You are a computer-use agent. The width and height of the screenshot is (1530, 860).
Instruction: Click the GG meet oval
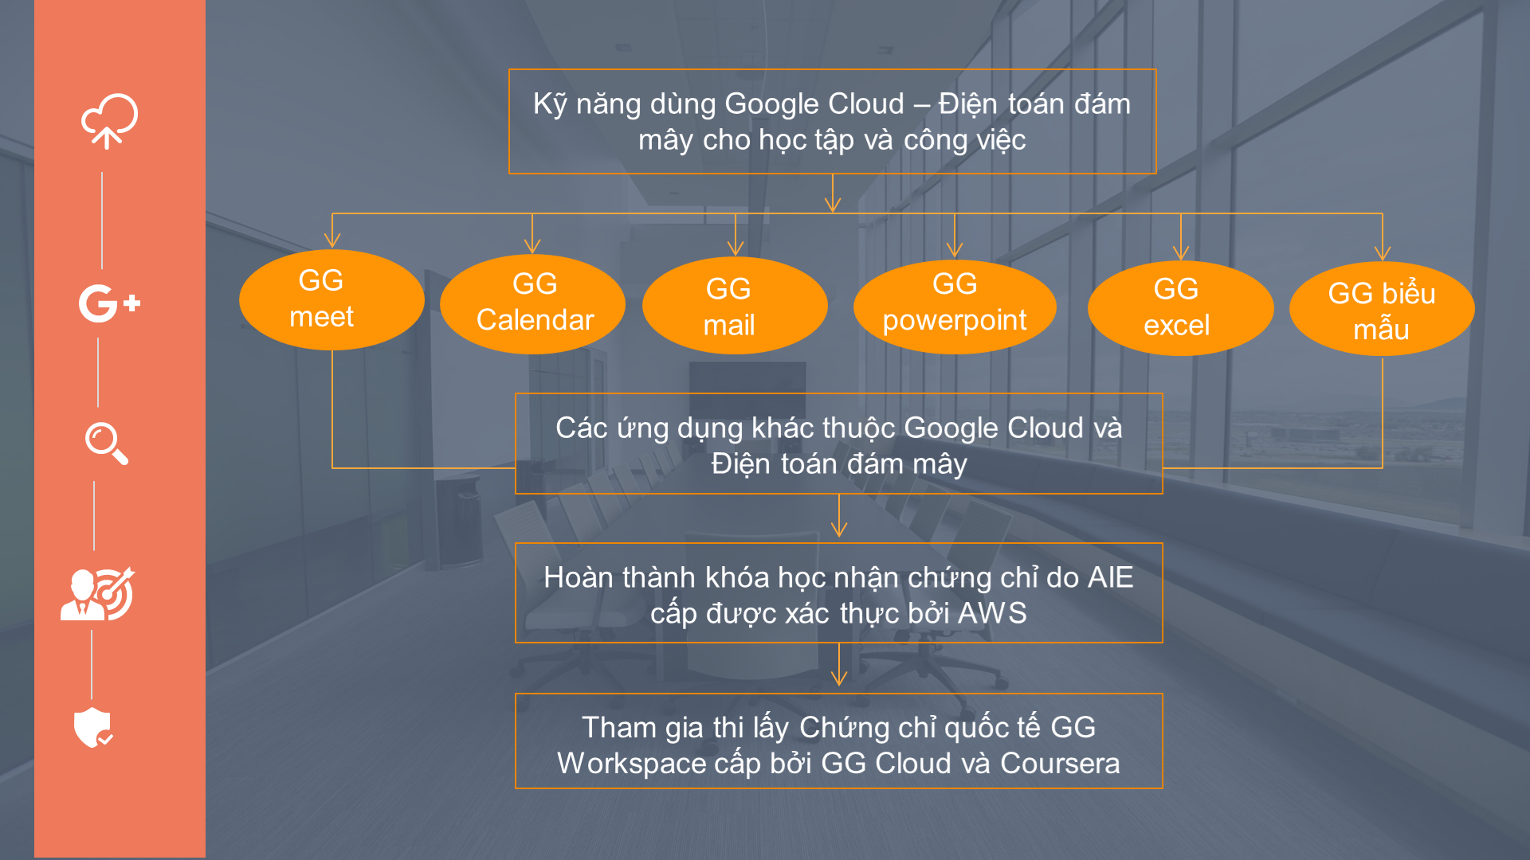pyautogui.click(x=331, y=299)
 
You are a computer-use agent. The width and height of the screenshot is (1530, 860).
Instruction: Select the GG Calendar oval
pyautogui.click(x=532, y=303)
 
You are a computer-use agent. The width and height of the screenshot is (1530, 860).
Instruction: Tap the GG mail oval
pyautogui.click(x=735, y=306)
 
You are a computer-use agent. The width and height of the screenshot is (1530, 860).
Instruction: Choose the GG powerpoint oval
pyautogui.click(x=955, y=307)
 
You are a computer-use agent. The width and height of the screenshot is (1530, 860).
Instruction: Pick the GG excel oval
pyautogui.click(x=1180, y=308)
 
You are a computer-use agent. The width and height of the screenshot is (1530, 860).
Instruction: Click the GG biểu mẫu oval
pyautogui.click(x=1382, y=309)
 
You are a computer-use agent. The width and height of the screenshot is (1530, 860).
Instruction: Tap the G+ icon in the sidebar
pyautogui.click(x=109, y=303)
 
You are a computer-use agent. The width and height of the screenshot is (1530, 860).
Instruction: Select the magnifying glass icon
pyautogui.click(x=107, y=444)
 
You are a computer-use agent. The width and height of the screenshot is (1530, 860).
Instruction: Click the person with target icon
pyautogui.click(x=98, y=594)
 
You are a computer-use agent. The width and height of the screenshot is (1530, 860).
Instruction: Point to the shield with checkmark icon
pyautogui.click(x=93, y=727)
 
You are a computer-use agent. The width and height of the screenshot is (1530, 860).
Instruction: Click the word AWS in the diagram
pyautogui.click(x=992, y=613)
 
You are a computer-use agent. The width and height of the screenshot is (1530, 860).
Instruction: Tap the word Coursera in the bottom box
pyautogui.click(x=1060, y=763)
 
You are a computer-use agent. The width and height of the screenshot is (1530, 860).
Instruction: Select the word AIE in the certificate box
pyautogui.click(x=1110, y=577)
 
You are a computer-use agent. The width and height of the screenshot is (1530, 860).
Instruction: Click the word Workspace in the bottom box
pyautogui.click(x=631, y=763)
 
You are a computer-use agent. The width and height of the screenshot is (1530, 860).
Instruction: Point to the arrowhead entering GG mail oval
pyautogui.click(x=736, y=248)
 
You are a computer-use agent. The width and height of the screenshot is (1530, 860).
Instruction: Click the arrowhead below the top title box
pyautogui.click(x=833, y=204)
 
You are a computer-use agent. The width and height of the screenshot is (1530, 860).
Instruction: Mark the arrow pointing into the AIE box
pyautogui.click(x=839, y=516)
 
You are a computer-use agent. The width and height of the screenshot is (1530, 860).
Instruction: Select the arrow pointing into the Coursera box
pyautogui.click(x=839, y=665)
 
